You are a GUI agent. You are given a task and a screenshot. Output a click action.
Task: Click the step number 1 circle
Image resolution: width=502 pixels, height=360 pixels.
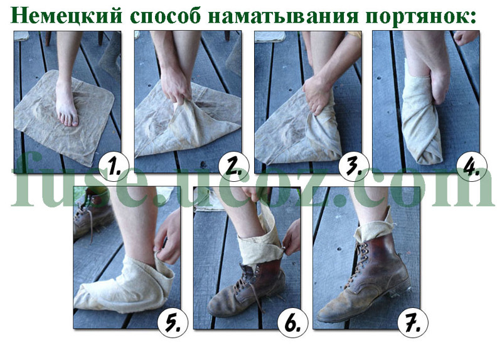[114, 166]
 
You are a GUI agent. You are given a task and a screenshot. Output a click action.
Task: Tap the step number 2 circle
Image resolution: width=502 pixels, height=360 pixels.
[233, 166]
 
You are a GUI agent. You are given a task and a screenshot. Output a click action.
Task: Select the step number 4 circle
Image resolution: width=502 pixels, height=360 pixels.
[472, 166]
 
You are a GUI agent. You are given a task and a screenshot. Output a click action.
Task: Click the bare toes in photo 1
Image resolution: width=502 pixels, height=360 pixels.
[68, 119]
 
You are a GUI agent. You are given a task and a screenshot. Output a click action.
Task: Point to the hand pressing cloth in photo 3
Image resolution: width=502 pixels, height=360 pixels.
[317, 93]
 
